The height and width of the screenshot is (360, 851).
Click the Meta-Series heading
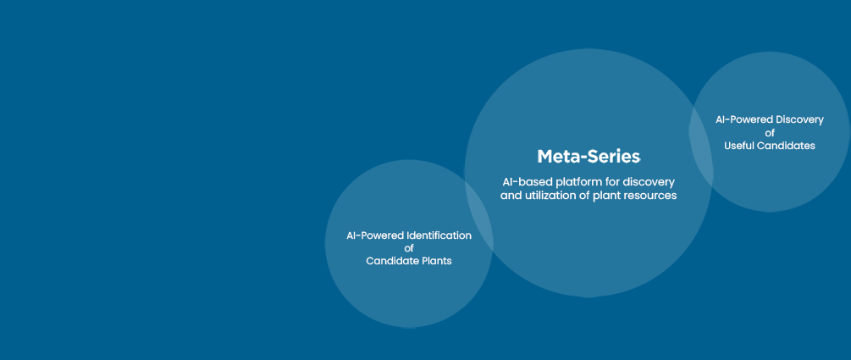589,157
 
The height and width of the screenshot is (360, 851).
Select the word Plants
437,261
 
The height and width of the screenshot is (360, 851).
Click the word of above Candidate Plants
409,249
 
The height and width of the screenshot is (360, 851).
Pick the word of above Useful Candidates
770,133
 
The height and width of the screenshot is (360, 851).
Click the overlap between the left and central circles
478,217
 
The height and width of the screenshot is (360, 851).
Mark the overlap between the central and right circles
701,143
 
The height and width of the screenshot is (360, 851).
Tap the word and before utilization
510,196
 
